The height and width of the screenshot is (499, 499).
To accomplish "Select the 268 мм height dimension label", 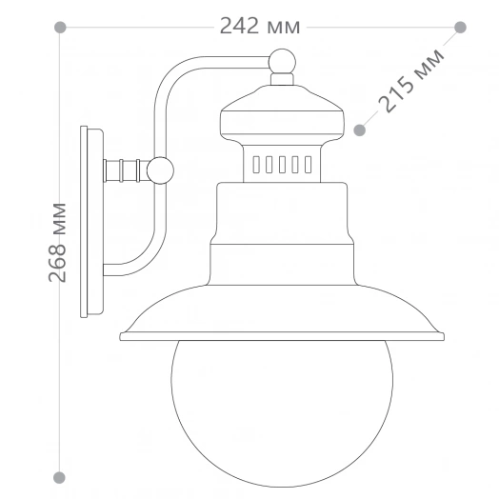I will [59, 242].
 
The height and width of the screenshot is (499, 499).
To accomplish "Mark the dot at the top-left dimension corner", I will [60, 28].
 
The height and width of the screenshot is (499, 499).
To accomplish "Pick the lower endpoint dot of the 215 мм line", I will [360, 128].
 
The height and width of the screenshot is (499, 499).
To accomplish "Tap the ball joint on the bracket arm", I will [161, 170].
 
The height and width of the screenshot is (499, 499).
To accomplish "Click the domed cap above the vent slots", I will [282, 114].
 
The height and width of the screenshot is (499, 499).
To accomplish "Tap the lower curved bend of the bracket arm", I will [143, 262].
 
